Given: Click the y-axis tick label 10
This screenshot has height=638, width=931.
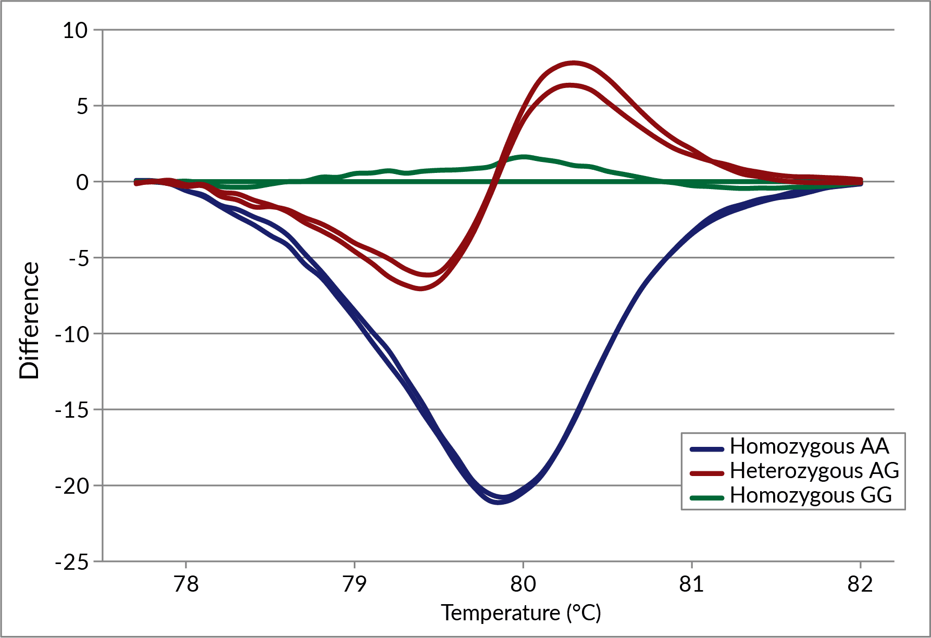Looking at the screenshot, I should pos(76,31).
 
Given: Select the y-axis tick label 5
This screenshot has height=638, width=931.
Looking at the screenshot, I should pos(82,107).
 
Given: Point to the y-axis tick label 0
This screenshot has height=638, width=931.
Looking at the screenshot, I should pos(82,182).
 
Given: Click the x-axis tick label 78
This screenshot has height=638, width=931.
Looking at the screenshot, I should pos(186,584).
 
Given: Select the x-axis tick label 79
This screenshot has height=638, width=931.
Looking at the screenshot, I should pos(354,584).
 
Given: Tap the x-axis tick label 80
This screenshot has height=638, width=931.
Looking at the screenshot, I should pos(523,584).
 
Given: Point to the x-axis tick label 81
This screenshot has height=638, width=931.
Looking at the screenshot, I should pos(691,584).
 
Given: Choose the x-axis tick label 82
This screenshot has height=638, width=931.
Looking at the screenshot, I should pos(860,584).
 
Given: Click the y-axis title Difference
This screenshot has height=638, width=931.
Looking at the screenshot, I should pos(29,320).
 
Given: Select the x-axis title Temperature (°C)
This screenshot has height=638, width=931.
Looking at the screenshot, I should pos(521,613).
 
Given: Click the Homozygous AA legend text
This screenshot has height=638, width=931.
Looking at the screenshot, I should pos(809,446).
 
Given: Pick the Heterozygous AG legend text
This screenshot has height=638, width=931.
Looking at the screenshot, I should pos(814,471).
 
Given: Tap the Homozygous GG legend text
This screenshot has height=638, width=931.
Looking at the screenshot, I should pos(811,495).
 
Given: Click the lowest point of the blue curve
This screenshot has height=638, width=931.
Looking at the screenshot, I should pos(498,502).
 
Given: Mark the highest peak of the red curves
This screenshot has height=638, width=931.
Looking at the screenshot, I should pos(574,63).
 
